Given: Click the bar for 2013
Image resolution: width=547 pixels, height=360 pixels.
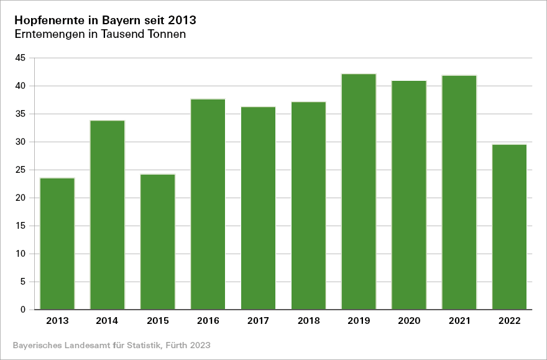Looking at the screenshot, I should pyautogui.click(x=57, y=244).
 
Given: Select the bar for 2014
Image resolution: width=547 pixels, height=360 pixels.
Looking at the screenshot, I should pyautogui.click(x=108, y=215).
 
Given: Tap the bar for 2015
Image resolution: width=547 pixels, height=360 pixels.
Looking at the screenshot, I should pyautogui.click(x=158, y=242).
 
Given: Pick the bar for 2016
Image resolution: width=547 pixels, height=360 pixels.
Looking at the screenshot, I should pyautogui.click(x=208, y=204).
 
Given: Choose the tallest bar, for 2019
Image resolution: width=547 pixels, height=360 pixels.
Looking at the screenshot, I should pyautogui.click(x=359, y=192).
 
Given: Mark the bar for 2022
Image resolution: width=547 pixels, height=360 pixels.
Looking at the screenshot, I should pyautogui.click(x=509, y=227).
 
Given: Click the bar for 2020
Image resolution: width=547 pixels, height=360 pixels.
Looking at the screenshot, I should pyautogui.click(x=409, y=195).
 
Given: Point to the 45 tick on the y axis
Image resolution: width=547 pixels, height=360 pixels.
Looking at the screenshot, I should pyautogui.click(x=21, y=58).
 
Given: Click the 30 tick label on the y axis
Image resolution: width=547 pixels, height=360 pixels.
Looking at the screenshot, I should pyautogui.click(x=21, y=142).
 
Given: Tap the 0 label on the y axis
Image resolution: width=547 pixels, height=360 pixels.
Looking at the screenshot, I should pyautogui.click(x=23, y=310).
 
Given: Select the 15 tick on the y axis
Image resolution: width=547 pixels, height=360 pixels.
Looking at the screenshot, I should pyautogui.click(x=21, y=226).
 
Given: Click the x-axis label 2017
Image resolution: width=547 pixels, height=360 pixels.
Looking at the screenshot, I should pyautogui.click(x=258, y=321).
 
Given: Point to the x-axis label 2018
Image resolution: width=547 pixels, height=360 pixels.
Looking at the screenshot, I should pyautogui.click(x=308, y=321).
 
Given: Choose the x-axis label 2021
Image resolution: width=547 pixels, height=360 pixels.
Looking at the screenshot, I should pyautogui.click(x=459, y=321).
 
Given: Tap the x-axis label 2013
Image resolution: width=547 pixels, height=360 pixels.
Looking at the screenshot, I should pyautogui.click(x=57, y=321).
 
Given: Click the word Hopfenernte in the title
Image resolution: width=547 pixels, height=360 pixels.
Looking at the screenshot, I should pyautogui.click(x=50, y=21).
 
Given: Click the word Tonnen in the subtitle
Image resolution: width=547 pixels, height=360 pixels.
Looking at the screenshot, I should pyautogui.click(x=165, y=35).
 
